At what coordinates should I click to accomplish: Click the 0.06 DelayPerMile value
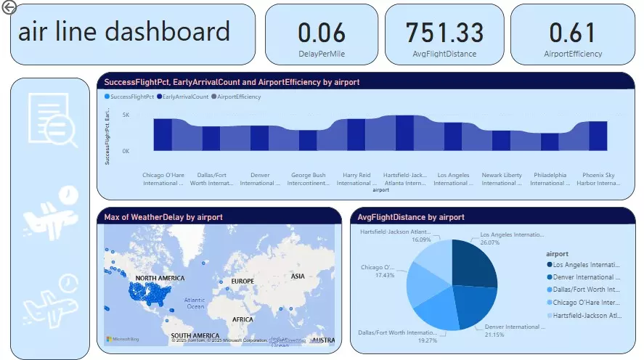point(322,33)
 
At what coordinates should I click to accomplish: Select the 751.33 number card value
point(444,33)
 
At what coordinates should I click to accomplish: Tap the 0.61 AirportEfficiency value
point(572,33)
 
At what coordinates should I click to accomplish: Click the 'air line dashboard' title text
point(123,32)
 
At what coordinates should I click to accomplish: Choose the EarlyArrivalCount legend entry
point(182,97)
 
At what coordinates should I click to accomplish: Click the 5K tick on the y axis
point(126,115)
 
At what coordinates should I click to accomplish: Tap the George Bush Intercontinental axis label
point(309,179)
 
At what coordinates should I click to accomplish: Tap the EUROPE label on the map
point(242,281)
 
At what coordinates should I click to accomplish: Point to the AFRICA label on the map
point(242,319)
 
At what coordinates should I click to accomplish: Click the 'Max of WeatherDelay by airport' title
point(163,217)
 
